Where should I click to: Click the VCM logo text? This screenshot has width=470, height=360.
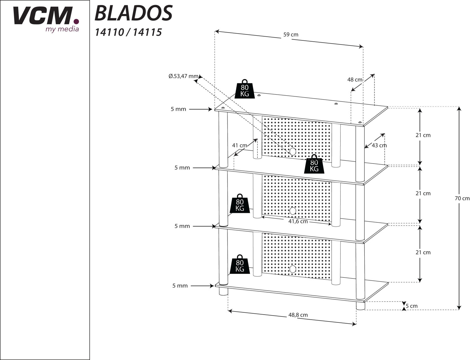point(46,16)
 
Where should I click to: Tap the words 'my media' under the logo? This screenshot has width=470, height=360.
point(62,29)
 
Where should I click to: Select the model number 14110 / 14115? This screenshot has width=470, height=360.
point(128,33)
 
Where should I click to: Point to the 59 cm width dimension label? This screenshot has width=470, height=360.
point(291,34)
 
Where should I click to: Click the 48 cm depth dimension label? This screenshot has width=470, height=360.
point(355,80)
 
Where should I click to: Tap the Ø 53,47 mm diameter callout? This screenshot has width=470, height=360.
point(183,76)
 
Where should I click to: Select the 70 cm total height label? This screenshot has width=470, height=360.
point(462,198)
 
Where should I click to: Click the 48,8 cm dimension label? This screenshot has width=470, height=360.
point(298,315)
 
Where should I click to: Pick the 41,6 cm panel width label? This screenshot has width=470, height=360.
point(298,221)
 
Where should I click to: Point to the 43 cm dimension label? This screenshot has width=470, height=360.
point(379,146)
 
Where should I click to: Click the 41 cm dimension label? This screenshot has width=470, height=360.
point(239,146)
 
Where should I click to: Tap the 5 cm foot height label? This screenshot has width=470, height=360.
point(412,306)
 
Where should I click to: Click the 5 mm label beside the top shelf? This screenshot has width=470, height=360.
point(178,109)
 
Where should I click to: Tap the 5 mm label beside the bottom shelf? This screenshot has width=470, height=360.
point(180,286)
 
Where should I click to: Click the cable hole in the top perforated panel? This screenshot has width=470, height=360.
point(292,152)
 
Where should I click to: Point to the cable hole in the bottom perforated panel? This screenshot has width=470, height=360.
point(292,269)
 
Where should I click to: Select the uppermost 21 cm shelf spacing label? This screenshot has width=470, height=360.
point(423,135)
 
